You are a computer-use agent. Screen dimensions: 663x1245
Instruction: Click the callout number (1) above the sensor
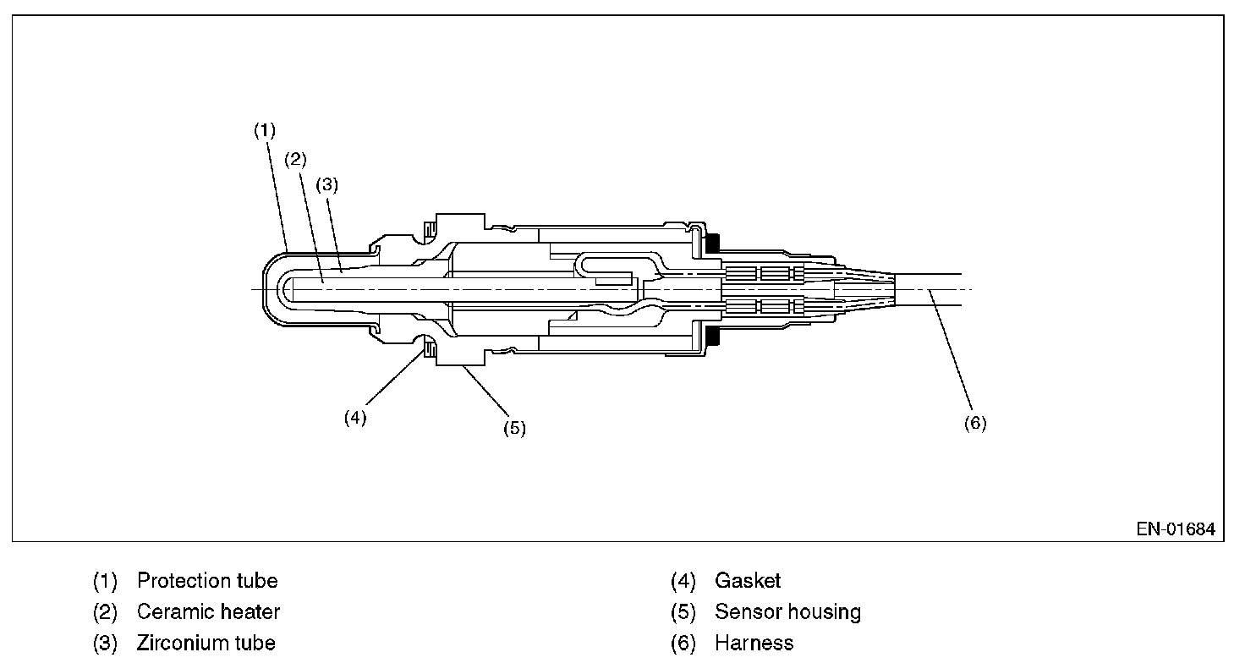[266, 130]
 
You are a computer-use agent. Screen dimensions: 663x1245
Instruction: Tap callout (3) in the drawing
[326, 186]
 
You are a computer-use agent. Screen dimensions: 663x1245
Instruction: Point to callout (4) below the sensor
[355, 418]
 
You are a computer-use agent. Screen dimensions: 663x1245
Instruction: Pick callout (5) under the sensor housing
[514, 428]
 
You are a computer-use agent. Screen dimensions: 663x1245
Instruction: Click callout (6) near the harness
[975, 423]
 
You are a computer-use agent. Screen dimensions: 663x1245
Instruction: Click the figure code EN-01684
[1176, 529]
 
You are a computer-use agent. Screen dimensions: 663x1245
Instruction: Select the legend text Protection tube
[207, 581]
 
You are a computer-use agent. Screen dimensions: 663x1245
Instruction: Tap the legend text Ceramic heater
[208, 611]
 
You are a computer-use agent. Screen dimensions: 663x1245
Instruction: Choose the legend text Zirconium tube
[206, 643]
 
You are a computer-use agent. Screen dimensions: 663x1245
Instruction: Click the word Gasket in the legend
[748, 581]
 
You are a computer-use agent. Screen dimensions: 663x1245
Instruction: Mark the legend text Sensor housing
[787, 611]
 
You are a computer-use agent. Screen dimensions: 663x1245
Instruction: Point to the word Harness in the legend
[754, 643]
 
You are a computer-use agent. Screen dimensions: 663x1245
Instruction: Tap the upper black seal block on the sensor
[712, 242]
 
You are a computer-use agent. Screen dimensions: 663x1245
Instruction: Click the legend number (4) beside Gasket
[683, 581]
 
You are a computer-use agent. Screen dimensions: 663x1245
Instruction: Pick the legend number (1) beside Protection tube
[105, 581]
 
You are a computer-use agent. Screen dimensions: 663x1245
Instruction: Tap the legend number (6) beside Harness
[683, 643]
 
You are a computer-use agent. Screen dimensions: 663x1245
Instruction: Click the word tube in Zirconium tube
[255, 643]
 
